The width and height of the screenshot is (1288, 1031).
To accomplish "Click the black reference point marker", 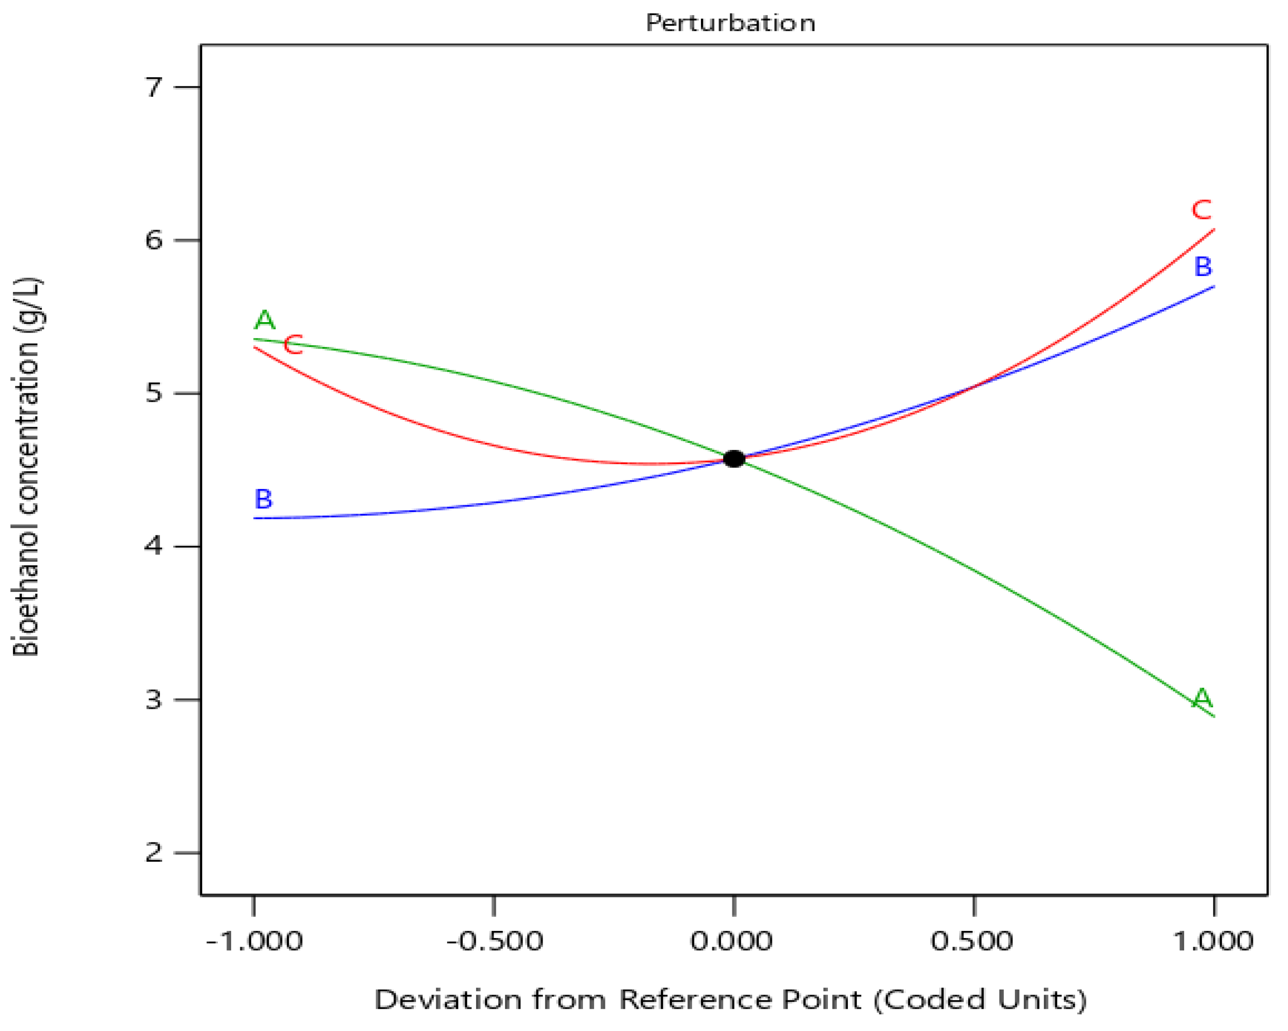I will tap(734, 459).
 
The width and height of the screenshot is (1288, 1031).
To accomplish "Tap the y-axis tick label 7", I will tap(154, 87).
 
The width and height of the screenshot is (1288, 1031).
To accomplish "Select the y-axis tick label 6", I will tap(154, 240).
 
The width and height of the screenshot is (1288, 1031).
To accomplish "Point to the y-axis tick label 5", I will tap(154, 393).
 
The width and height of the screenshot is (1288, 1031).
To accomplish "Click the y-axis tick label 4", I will tap(154, 546).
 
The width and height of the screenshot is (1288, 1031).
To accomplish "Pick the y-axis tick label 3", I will tap(154, 699).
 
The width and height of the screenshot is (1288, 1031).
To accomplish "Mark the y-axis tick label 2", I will tap(154, 852).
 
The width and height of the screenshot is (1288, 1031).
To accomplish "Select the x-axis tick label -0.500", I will tap(495, 942).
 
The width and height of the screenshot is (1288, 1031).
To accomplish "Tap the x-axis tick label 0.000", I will tap(731, 942).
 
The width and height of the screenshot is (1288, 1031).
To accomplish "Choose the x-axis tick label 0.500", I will tap(972, 942).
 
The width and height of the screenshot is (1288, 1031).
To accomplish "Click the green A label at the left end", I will tap(265, 320).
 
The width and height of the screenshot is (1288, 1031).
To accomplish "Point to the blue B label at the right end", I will tap(1203, 266).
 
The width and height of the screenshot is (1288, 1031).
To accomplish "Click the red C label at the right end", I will tap(1201, 210).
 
